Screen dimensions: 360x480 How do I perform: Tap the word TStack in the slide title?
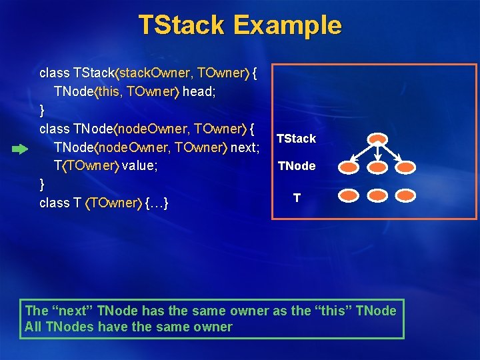coord(181,25)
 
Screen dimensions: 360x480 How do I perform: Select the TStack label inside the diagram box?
coord(296,139)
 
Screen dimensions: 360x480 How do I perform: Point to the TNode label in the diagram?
coord(297,166)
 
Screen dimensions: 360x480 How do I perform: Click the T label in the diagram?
coord(297,197)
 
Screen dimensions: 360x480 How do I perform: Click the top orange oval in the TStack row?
coord(378,139)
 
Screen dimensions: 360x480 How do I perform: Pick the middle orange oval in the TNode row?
coord(378,167)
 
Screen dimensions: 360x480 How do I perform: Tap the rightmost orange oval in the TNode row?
coord(405,167)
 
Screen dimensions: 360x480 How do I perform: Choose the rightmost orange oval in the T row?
coord(405,196)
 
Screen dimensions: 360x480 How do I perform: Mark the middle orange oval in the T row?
coord(378,196)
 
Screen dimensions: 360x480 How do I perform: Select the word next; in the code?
coord(244,147)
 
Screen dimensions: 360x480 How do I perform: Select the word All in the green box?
coord(33,327)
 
